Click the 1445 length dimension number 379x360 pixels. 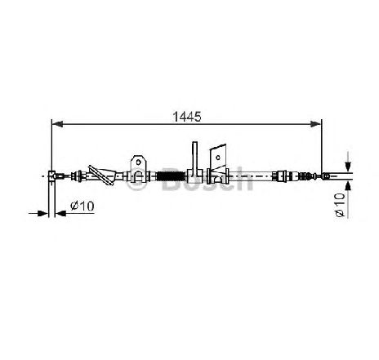tap(187, 117)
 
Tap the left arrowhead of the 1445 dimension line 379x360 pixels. tap(57, 124)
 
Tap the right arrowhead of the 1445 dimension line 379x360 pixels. tap(316, 124)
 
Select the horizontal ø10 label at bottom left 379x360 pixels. tap(82, 206)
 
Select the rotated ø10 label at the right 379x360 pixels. tap(340, 205)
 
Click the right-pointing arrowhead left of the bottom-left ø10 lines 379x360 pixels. tap(42, 214)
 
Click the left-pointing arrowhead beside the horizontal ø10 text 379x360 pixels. tap(60, 214)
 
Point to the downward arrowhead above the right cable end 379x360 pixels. tap(348, 166)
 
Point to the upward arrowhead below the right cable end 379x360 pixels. tap(348, 186)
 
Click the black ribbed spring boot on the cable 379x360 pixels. tap(170, 176)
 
